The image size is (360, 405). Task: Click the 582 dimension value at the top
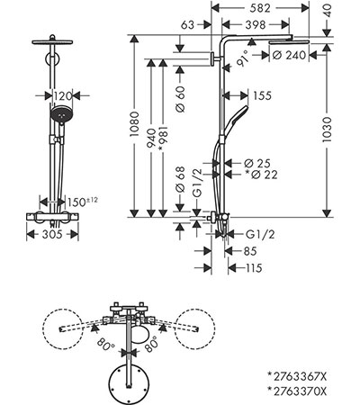point(260,8)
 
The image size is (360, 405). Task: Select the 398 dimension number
point(256,25)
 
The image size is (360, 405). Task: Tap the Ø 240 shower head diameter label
point(290,55)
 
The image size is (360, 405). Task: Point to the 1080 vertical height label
point(134,124)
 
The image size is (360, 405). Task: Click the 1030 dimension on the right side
point(327,130)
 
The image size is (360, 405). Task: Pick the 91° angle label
point(243,58)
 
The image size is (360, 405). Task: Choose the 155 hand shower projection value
point(262,95)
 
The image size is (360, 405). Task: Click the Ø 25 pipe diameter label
point(257,164)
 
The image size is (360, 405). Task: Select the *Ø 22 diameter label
point(261,175)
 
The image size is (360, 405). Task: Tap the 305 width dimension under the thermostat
point(52,234)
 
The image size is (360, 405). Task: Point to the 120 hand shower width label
point(63,96)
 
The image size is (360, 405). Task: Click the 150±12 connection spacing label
point(82,202)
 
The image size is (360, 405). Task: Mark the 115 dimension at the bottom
point(253,267)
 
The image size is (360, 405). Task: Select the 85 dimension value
point(250,251)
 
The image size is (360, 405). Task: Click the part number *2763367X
point(297,376)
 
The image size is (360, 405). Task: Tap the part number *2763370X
point(297,391)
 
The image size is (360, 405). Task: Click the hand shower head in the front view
point(61,114)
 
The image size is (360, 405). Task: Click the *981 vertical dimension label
point(163,139)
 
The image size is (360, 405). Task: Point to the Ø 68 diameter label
point(180,179)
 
